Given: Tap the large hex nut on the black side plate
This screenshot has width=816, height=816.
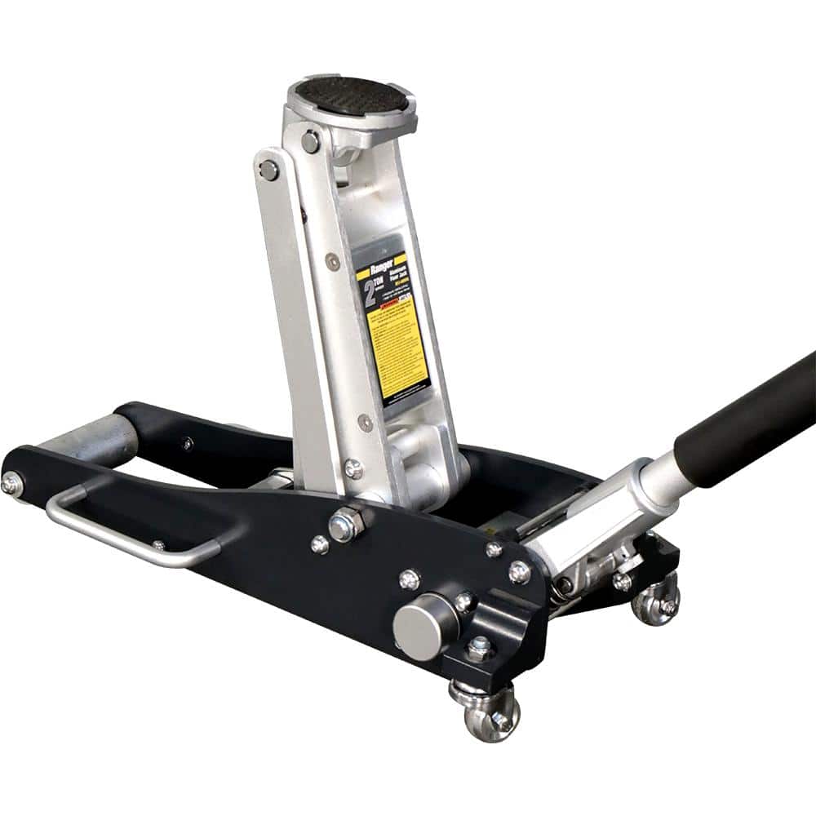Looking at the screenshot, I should [x=345, y=524].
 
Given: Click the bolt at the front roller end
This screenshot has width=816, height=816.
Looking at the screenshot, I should [x=11, y=483].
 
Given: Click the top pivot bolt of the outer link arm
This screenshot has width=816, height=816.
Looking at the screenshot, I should [x=268, y=171].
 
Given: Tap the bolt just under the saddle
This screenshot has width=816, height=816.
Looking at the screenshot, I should [x=311, y=141].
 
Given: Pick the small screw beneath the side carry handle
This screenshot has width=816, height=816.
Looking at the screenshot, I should [x=158, y=545].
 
